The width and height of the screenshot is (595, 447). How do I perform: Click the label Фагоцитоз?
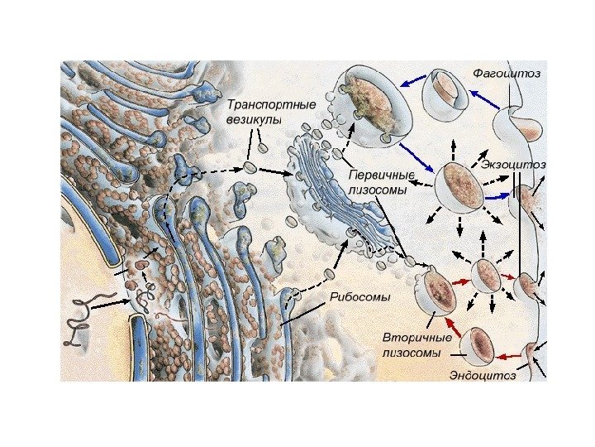506,74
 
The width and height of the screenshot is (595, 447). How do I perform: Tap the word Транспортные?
259,105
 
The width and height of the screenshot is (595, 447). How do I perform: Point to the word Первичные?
381,175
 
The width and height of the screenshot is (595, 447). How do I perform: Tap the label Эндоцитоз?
482,376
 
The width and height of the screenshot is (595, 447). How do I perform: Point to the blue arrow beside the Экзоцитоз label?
497,198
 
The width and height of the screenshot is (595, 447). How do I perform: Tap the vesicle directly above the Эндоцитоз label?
477,345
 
